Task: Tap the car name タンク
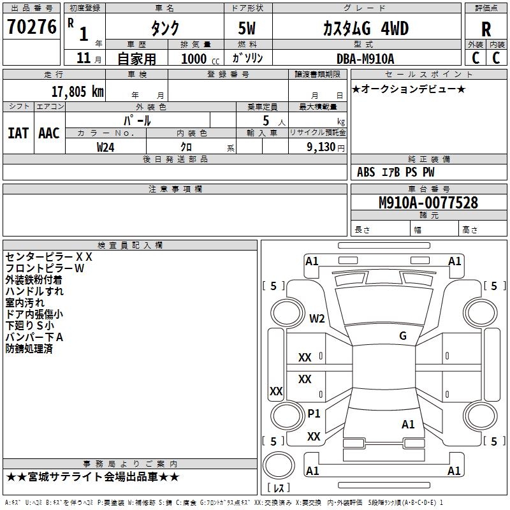click(164, 29)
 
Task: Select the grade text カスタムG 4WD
click(356, 29)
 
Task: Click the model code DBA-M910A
click(365, 59)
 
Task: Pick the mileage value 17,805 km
click(77, 91)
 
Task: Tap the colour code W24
click(106, 147)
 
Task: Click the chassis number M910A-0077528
click(428, 203)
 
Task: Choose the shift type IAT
click(18, 133)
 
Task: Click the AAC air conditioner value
click(49, 133)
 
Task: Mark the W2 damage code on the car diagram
click(317, 319)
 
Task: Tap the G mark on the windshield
click(402, 336)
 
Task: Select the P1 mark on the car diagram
click(314, 413)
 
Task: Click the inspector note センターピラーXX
click(49, 257)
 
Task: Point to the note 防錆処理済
click(29, 349)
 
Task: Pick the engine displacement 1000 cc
click(199, 59)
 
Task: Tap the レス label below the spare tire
click(279, 489)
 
